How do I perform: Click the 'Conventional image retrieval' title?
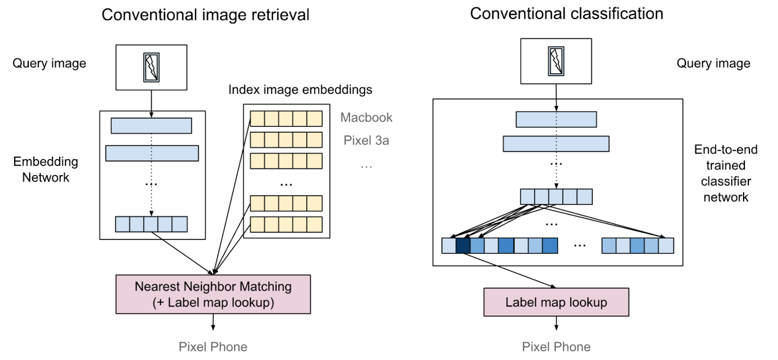(x=205, y=15)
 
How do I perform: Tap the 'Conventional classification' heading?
(x=566, y=14)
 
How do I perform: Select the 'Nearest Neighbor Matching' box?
(x=213, y=294)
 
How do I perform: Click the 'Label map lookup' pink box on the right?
(x=556, y=302)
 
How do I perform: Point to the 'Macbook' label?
(x=366, y=117)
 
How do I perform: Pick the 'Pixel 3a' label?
(x=366, y=141)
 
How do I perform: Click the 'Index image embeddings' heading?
(x=300, y=90)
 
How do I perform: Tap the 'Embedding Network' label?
(x=46, y=169)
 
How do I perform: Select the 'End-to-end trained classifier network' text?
(x=725, y=173)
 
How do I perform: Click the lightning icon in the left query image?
(x=151, y=67)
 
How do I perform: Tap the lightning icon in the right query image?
(x=556, y=61)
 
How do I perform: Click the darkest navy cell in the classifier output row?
(x=463, y=246)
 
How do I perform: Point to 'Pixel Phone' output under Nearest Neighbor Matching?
(x=213, y=347)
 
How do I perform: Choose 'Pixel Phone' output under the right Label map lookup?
(x=556, y=347)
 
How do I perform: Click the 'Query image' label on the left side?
(x=49, y=63)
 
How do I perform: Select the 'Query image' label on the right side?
(x=713, y=63)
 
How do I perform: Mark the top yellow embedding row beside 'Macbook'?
(x=286, y=119)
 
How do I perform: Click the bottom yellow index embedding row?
(x=286, y=225)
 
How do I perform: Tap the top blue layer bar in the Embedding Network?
(x=151, y=126)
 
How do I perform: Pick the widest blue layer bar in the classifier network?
(x=556, y=144)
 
